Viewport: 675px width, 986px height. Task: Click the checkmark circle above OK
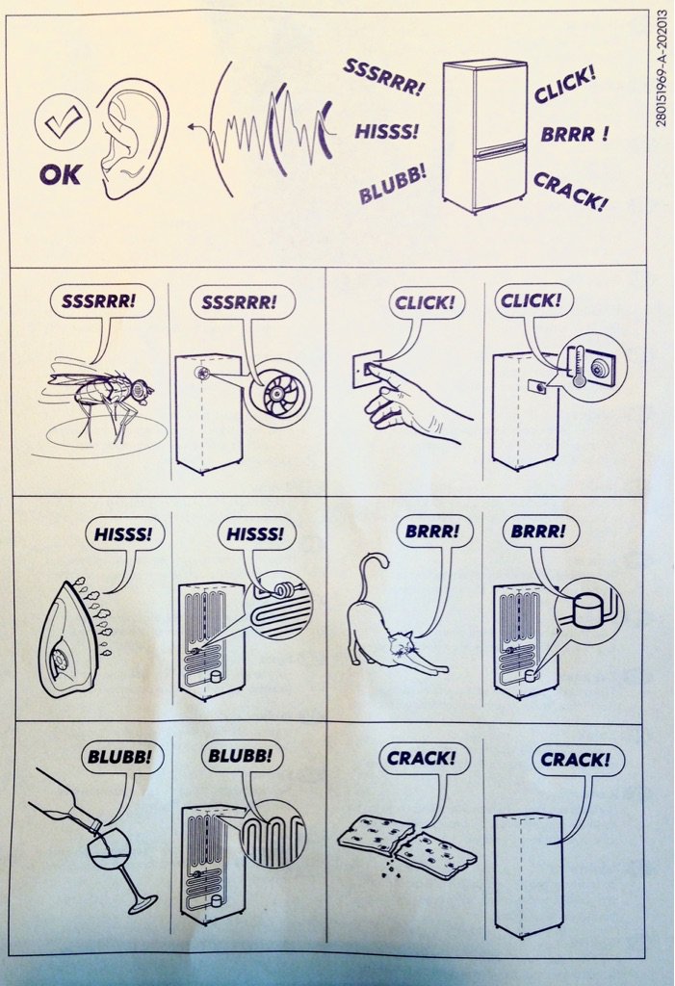tap(63, 118)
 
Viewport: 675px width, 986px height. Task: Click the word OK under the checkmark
tap(61, 174)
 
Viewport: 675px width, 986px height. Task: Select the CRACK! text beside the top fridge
tap(571, 192)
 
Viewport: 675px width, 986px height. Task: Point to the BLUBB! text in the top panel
tap(392, 184)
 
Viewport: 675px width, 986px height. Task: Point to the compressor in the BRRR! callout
tap(588, 610)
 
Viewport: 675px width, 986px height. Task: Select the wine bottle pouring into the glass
tap(64, 798)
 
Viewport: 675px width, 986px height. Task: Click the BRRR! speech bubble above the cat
tap(431, 532)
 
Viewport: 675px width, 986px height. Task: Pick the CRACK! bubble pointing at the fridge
tap(578, 761)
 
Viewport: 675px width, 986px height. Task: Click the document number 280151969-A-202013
tap(662, 68)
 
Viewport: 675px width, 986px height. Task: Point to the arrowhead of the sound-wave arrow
tap(191, 128)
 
